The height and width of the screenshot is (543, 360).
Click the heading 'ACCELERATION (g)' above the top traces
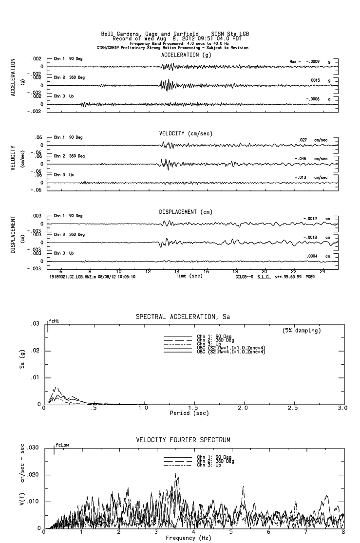click(186, 55)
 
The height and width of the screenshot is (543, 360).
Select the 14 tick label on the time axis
click(177, 271)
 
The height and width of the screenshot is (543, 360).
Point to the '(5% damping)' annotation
click(302, 331)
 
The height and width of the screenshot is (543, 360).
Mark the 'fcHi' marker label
click(53, 321)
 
